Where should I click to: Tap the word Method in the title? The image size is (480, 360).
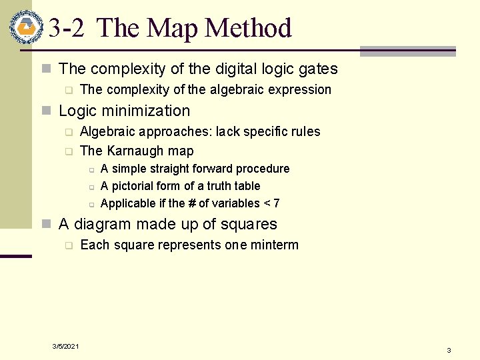pos(249,29)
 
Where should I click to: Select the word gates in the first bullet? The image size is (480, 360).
pos(318,69)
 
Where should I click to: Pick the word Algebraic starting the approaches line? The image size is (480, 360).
pos(107,131)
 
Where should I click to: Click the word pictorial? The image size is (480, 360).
pos(132,186)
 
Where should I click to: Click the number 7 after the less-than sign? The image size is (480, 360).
pos(276,203)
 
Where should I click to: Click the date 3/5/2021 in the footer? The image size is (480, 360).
pos(66,346)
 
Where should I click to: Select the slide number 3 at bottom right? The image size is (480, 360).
pos(449,350)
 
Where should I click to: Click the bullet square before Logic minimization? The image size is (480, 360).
pos(46,111)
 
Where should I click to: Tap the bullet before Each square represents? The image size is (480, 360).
pos(67,245)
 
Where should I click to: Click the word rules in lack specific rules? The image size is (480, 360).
pos(305,131)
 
